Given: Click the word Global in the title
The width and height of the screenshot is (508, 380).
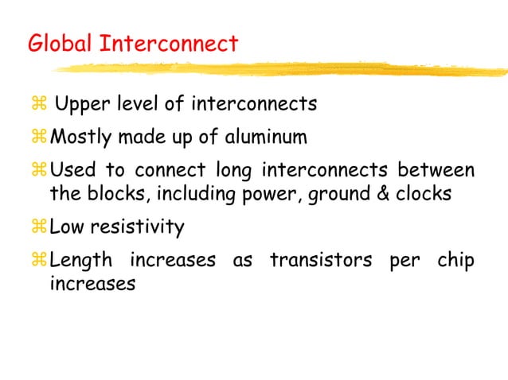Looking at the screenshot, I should (x=61, y=43).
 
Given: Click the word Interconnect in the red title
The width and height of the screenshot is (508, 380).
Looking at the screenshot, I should (x=168, y=43).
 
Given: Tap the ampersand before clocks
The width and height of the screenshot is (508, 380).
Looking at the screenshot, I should (x=377, y=194).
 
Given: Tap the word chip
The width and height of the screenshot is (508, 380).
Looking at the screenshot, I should (x=456, y=262).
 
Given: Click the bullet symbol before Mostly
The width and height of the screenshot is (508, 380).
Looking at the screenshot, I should (x=40, y=138).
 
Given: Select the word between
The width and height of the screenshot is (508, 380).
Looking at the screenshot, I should (x=436, y=171).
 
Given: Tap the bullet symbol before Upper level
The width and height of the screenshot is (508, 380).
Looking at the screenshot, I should (x=40, y=105).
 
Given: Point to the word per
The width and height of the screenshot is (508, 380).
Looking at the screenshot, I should (x=403, y=263).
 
